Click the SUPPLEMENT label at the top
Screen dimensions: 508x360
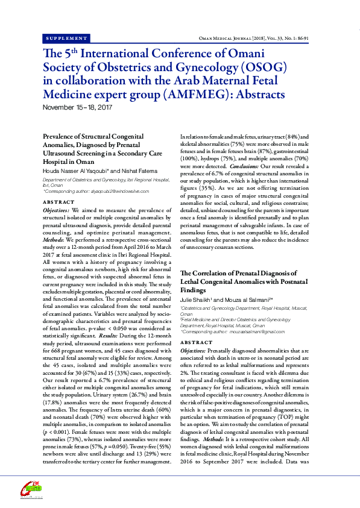(66, 37)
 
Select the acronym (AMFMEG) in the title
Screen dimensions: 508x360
(197, 94)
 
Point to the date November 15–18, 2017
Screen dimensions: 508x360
(78, 107)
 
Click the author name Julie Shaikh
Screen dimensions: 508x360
(197, 299)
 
